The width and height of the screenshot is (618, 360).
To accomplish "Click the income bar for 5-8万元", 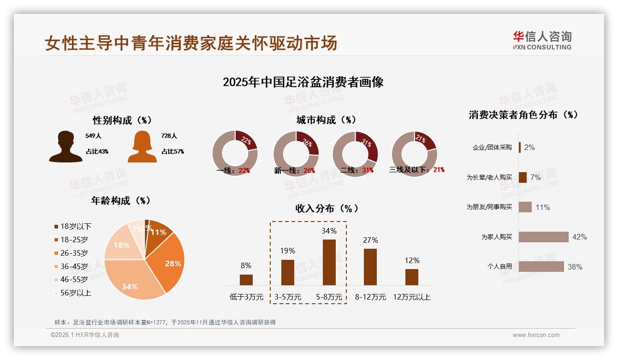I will pyautogui.click(x=329, y=262).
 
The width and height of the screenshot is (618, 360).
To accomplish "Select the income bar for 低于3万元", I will pyautogui.click(x=246, y=280).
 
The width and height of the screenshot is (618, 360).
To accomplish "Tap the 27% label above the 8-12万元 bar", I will pyautogui.click(x=370, y=240).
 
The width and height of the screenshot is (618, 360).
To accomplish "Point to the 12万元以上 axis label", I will pyautogui.click(x=411, y=297).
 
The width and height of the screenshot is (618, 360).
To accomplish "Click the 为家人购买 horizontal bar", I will pyautogui.click(x=543, y=237).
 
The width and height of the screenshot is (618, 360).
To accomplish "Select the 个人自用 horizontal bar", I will pyautogui.click(x=541, y=266).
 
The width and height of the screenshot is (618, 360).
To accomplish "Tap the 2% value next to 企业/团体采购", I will pyautogui.click(x=529, y=147).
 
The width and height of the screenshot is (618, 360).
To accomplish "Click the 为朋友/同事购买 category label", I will pyautogui.click(x=489, y=207).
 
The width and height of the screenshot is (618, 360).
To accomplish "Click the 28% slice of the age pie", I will pyautogui.click(x=172, y=263).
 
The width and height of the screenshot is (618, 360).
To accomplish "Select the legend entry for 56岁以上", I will pyautogui.click(x=72, y=293).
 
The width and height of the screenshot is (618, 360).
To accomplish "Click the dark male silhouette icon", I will pyautogui.click(x=65, y=147).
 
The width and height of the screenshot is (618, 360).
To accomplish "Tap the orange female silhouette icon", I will pyautogui.click(x=142, y=147).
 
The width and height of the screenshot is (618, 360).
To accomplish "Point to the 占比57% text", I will pyautogui.click(x=172, y=151).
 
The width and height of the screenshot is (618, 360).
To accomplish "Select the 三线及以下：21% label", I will pyautogui.click(x=416, y=170).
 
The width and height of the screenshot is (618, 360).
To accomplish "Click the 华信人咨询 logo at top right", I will pyautogui.click(x=542, y=40).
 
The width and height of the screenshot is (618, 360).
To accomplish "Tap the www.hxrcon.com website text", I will pyautogui.click(x=536, y=335).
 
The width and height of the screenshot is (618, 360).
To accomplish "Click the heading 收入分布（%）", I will pyautogui.click(x=327, y=208).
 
